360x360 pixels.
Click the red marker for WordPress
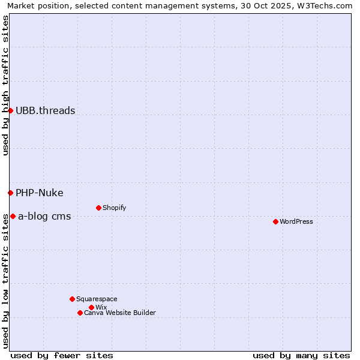point(275,221)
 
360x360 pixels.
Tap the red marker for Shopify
point(98,208)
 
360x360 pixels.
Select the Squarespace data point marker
point(72,299)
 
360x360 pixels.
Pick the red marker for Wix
point(91,307)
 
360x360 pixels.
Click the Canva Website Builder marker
point(80,313)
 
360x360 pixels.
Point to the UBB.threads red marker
point(10,110)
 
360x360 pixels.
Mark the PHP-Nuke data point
point(10,193)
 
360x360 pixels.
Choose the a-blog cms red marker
point(13,216)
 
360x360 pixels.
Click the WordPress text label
point(296,221)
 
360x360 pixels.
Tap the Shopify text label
point(115,208)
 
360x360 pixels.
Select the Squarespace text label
point(97,299)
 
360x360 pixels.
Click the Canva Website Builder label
point(120,313)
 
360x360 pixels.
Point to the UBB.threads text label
point(46,110)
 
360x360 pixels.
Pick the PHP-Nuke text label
point(40,193)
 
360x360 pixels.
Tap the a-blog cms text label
point(44,216)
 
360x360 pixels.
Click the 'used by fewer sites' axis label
point(62,355)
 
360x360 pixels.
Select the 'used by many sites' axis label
point(301,355)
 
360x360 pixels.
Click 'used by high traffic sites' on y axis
point(5,85)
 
